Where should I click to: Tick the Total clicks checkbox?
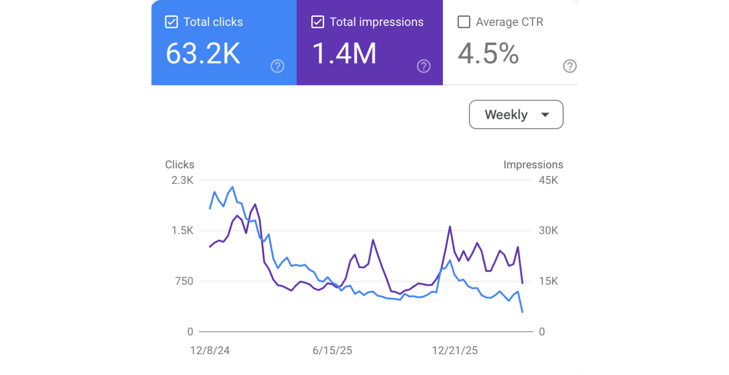coord(171,22)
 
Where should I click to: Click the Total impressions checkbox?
coord(318,22)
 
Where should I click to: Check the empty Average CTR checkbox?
coord(464,22)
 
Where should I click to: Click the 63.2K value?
coord(203,54)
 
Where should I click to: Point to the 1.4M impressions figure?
coord(344,54)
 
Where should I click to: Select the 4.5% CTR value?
coord(488,54)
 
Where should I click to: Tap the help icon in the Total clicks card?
coord(277,66)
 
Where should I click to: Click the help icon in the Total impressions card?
coord(424,66)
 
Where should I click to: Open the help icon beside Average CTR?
coord(570,66)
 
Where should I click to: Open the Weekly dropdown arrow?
coord(545,115)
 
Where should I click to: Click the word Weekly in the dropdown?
coord(506,115)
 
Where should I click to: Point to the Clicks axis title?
coord(180,165)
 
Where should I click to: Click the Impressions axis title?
coord(533,165)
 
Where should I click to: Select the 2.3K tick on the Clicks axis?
coord(182,180)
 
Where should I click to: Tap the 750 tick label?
coord(184,281)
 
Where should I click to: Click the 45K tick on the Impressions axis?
coord(548,180)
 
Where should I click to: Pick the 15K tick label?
coord(548,281)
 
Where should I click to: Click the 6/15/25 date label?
coord(332,350)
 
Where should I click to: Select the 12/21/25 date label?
coord(455,350)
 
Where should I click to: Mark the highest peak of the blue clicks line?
coord(233,187)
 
